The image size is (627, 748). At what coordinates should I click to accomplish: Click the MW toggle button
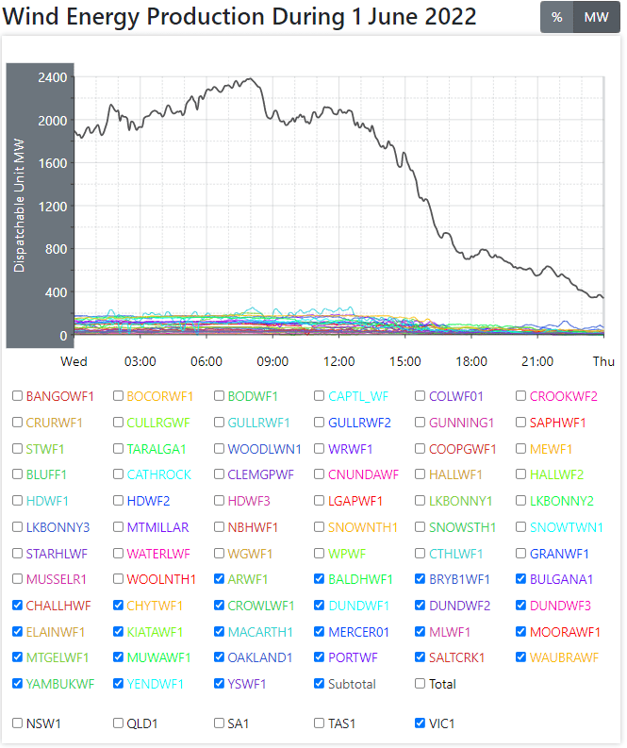(x=596, y=17)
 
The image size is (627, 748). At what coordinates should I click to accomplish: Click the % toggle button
(x=556, y=17)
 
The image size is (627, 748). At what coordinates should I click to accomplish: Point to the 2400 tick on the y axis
(x=53, y=77)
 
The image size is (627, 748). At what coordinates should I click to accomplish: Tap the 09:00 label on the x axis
(x=272, y=361)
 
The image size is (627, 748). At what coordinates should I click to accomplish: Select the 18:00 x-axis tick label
(x=471, y=361)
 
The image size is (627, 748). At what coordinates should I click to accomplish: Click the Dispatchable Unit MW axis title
(x=20, y=204)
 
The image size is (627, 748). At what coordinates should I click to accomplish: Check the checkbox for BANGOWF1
(x=18, y=396)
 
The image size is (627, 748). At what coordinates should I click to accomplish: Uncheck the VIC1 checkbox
(x=421, y=723)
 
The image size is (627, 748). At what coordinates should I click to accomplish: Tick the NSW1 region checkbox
(x=18, y=723)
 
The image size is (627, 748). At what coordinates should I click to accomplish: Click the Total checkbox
(x=421, y=684)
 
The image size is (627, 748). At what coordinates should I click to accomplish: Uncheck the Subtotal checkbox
(x=320, y=684)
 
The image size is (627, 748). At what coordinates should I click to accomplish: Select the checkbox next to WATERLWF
(x=119, y=554)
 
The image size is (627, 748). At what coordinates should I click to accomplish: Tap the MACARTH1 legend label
(x=260, y=632)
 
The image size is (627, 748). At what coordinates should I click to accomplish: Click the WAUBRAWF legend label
(x=565, y=657)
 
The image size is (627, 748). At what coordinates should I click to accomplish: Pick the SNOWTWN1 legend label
(x=566, y=527)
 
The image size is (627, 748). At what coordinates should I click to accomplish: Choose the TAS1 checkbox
(x=320, y=723)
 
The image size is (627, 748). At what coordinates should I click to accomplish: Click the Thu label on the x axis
(x=603, y=361)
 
